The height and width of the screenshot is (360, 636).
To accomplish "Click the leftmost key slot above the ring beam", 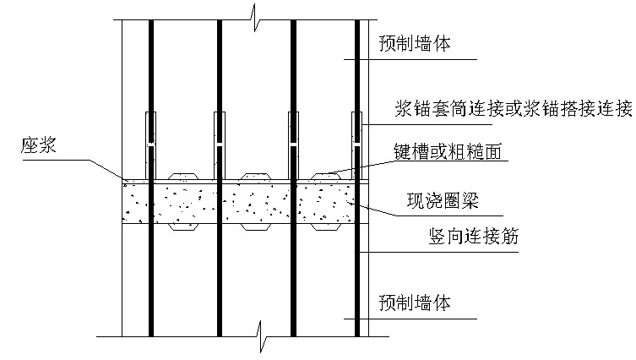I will point(184,177).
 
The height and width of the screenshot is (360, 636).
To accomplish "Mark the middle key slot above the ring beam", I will point(257,177).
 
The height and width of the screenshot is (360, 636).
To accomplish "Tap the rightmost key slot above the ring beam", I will point(327,177).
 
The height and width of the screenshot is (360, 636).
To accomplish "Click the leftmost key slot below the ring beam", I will point(184,227).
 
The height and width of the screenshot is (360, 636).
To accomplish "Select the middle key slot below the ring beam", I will point(257,227).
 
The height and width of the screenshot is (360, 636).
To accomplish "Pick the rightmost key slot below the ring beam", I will point(327,227).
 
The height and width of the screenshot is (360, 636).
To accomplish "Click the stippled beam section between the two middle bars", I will point(257,203).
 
